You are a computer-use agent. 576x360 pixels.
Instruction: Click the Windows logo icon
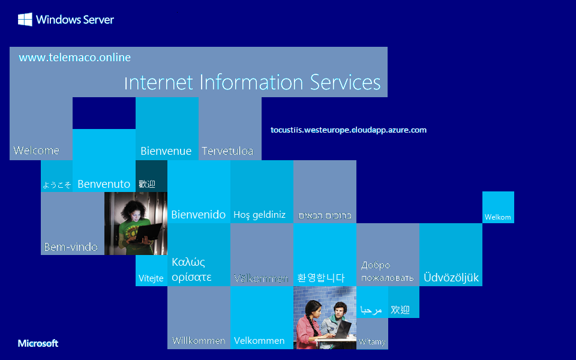[x=25, y=20]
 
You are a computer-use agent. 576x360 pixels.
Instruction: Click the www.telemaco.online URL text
[x=74, y=58]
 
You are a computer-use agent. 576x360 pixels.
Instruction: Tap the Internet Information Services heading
[x=252, y=82]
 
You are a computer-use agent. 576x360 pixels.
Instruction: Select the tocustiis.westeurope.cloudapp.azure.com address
[x=348, y=130]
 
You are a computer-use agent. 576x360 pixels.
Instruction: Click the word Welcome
[x=36, y=150]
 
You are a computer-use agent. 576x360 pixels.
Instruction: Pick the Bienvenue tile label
[x=166, y=151]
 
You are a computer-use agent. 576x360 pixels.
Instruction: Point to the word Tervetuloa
[x=227, y=151]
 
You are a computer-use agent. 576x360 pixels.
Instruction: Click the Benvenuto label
[x=104, y=184]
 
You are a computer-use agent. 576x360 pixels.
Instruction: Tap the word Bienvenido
[x=198, y=215]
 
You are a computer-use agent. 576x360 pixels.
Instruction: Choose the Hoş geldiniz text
[x=259, y=215]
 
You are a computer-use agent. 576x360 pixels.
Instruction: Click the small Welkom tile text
[x=497, y=217]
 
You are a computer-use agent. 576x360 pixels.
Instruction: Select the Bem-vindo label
[x=71, y=247]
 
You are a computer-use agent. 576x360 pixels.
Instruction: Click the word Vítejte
[x=151, y=278]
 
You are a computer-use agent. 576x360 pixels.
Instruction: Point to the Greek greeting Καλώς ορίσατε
[x=191, y=269]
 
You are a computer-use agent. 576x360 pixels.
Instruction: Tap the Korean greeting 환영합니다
[x=321, y=278]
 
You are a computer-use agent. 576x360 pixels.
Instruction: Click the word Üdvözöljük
[x=451, y=278]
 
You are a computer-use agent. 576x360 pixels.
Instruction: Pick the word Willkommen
[x=198, y=341]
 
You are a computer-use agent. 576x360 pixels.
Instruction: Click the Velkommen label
[x=259, y=341]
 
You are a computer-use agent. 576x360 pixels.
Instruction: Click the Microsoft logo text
[x=38, y=343]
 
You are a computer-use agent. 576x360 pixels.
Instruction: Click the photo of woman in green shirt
[x=135, y=223]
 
